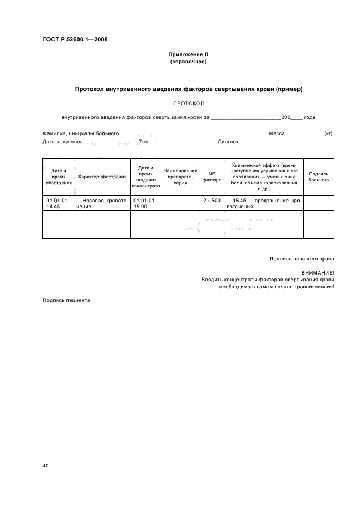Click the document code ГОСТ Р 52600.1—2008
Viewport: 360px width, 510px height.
click(x=78, y=39)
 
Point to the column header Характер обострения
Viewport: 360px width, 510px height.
click(x=102, y=177)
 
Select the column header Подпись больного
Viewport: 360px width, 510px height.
click(x=319, y=177)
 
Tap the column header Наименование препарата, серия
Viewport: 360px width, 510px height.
click(x=180, y=177)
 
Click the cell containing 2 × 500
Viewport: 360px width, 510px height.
click(x=212, y=201)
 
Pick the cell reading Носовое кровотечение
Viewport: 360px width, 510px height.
click(x=102, y=204)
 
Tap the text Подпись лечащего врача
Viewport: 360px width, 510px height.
click(x=302, y=258)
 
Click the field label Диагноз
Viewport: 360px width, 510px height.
click(x=228, y=142)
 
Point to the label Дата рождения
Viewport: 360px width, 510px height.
click(x=62, y=142)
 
